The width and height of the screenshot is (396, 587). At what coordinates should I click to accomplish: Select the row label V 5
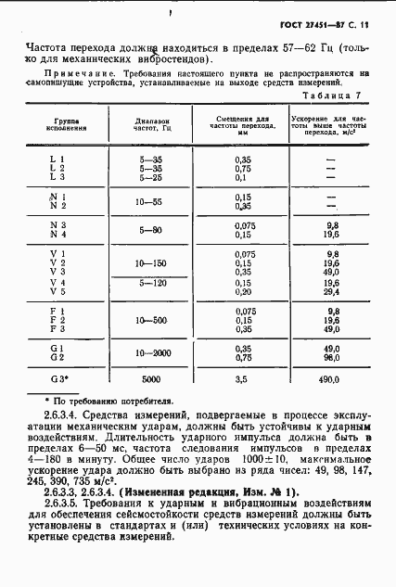click(x=58, y=291)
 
